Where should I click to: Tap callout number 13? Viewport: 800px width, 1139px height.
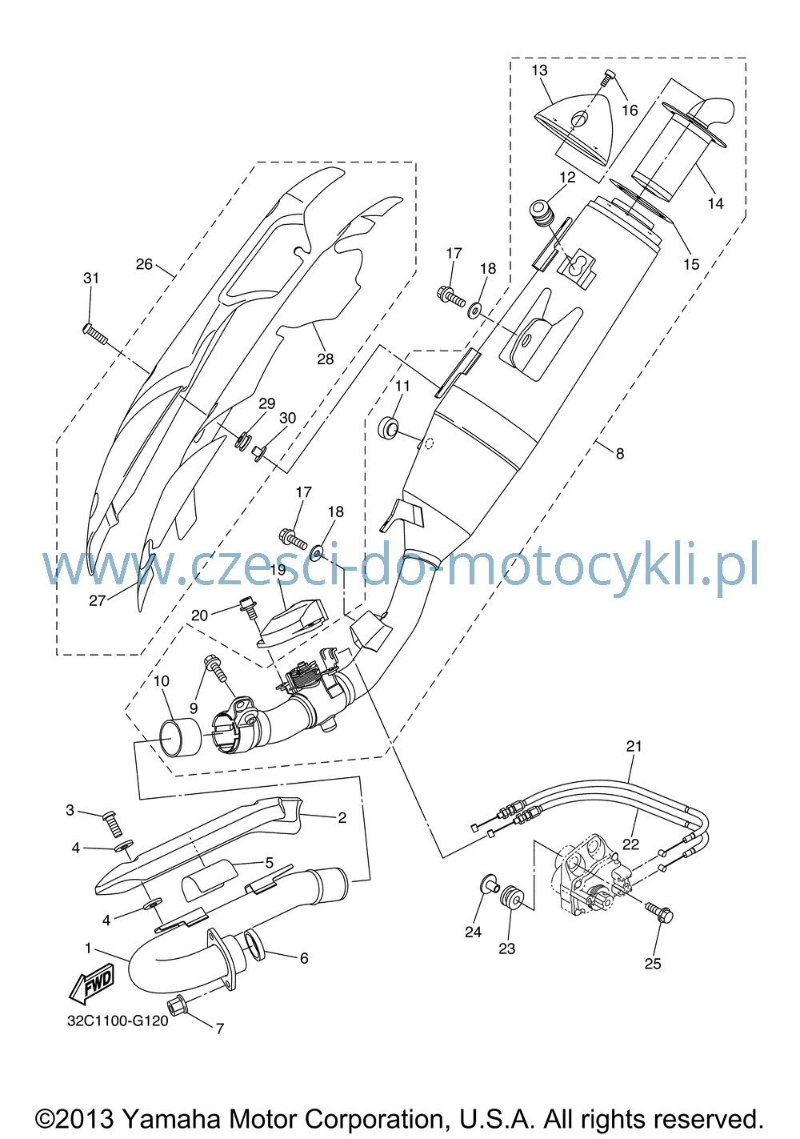tap(539, 70)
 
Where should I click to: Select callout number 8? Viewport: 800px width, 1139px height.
tap(619, 453)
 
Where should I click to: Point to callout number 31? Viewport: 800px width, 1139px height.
tap(91, 278)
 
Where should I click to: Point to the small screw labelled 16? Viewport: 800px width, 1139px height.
tap(608, 78)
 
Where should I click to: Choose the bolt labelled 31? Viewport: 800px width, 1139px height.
tap(95, 334)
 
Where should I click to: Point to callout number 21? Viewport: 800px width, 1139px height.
tap(634, 746)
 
